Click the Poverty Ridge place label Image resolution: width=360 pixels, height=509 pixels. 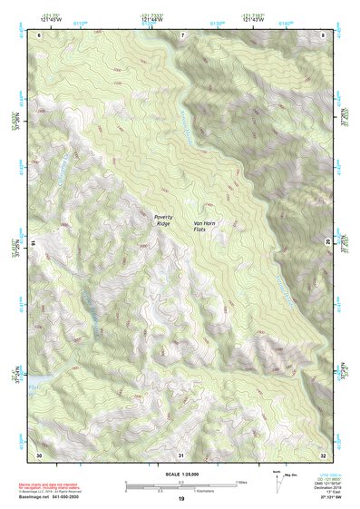pos(163,220)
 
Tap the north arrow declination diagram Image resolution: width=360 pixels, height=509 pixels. pos(277,479)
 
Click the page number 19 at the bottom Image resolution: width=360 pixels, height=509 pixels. pos(180,499)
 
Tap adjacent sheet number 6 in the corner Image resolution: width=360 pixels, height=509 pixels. pos(39,34)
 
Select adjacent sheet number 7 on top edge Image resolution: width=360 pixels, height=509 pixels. pos(180,34)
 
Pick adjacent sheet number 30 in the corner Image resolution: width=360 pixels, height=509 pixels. pos(39,454)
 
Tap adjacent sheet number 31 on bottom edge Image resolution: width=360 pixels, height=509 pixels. pos(180,454)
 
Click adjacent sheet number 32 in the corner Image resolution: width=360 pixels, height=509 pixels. pos(323,454)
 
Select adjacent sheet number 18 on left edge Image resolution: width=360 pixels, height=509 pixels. pos(34,243)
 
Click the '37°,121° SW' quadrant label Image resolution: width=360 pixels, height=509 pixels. pos(331,499)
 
